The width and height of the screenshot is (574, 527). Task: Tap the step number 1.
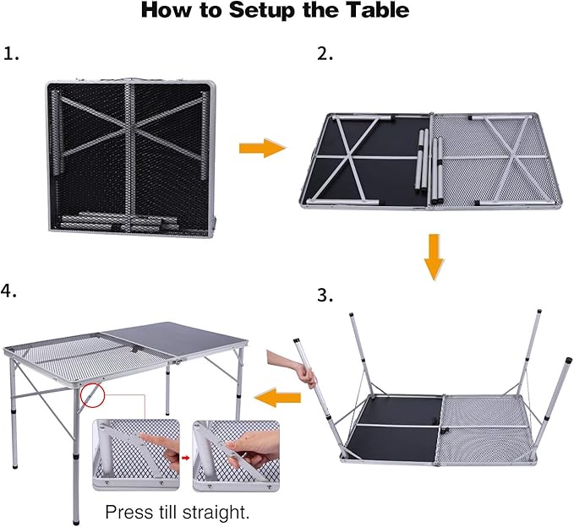click(x=11, y=54)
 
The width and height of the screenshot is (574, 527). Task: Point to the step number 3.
click(x=325, y=296)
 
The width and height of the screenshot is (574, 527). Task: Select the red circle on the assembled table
click(x=91, y=394)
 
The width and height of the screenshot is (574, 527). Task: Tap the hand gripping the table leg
click(x=288, y=367)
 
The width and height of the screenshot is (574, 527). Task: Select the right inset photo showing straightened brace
click(x=235, y=456)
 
